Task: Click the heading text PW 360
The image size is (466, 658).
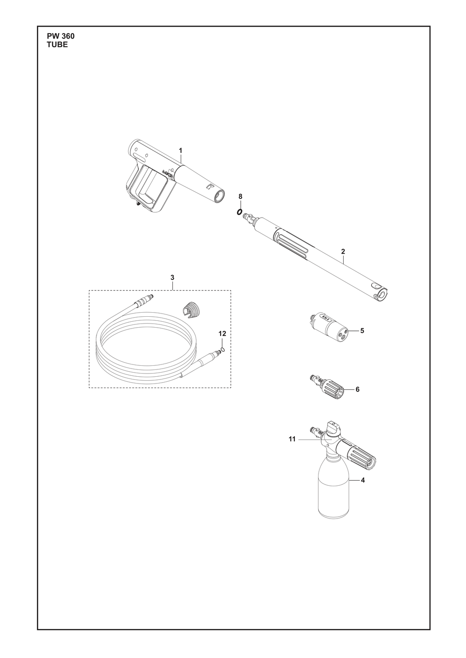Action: [x=61, y=36]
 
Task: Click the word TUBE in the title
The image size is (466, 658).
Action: [x=57, y=45]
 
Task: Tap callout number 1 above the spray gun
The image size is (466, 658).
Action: [x=181, y=150]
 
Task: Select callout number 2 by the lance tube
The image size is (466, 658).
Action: [x=343, y=251]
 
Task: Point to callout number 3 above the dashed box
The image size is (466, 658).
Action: [x=172, y=277]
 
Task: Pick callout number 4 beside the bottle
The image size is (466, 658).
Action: [x=363, y=480]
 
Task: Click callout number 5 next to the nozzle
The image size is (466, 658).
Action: [x=362, y=330]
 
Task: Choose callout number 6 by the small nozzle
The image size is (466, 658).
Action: [x=357, y=389]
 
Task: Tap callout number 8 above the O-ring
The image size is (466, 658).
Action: [x=240, y=196]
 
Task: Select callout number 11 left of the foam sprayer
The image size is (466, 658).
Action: [x=292, y=448]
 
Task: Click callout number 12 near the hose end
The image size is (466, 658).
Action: [x=223, y=334]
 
